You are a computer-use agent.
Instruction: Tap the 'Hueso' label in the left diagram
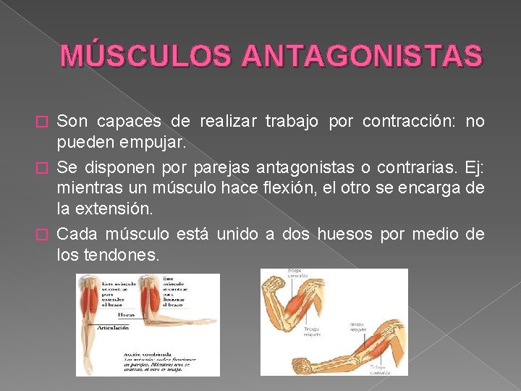point(127,316)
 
